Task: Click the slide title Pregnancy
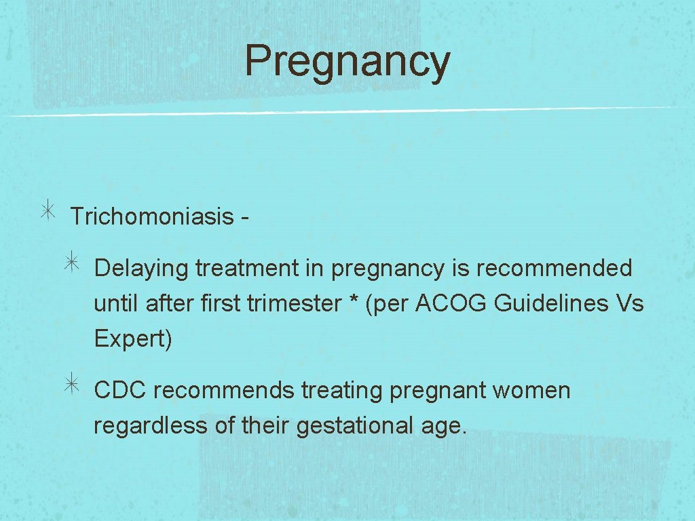coord(347,61)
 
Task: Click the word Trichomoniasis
coord(151,216)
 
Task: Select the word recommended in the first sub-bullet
coord(554,268)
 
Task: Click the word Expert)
coord(133,339)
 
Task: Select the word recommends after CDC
coord(224,391)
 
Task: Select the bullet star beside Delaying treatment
coord(73,263)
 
